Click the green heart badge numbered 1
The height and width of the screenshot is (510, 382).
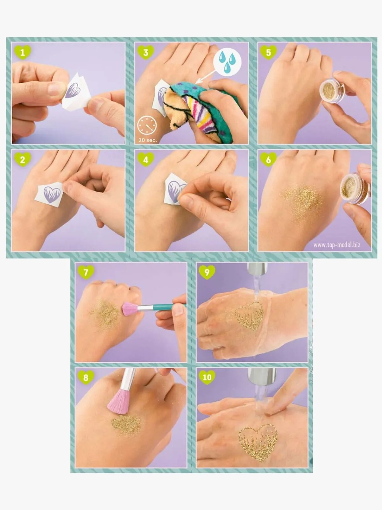coord(23,52)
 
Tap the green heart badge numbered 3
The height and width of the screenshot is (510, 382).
coord(146,52)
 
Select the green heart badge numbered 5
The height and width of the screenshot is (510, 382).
coord(268,52)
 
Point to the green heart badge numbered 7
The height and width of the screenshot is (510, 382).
coord(86,272)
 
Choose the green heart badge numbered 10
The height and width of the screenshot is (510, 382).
coord(207,377)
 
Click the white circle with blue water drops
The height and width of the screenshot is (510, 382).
coord(227,62)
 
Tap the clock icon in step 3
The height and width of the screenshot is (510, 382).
coord(147,126)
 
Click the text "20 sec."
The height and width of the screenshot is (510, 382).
coord(148,140)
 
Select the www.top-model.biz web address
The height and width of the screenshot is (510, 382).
coord(337,245)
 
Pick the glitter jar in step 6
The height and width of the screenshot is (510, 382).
coord(355,189)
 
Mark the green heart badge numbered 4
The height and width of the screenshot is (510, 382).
coord(146,159)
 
